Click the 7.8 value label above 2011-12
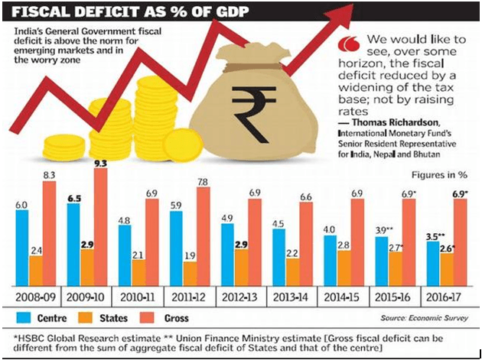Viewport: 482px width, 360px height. click(204, 181)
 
